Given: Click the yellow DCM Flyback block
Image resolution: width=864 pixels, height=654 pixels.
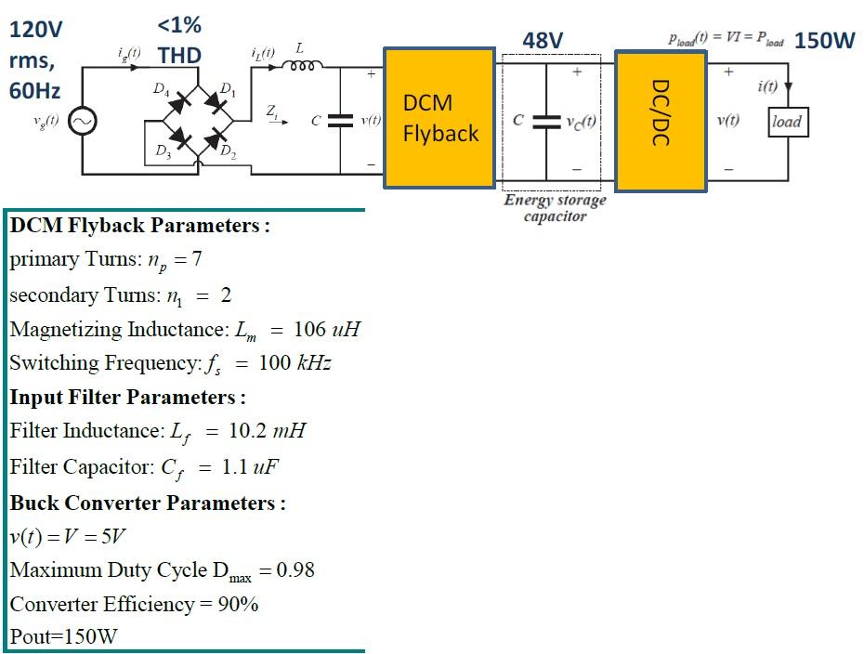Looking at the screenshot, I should click(439, 118).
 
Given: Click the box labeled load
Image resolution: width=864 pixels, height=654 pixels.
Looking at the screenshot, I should click(786, 122).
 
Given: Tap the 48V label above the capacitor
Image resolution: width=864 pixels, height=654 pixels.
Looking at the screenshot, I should click(543, 40).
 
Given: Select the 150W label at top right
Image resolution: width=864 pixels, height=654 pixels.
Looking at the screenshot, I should click(824, 40).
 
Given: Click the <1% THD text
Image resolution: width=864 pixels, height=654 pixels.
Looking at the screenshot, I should click(179, 40).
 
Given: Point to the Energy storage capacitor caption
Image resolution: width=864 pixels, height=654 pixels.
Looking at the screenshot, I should click(555, 208).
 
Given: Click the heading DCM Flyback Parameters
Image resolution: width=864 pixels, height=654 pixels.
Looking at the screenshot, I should click(139, 226).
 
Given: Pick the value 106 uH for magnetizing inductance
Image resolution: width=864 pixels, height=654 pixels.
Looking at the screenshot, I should click(326, 329).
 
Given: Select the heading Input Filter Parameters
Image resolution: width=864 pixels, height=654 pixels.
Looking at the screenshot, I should click(127, 398).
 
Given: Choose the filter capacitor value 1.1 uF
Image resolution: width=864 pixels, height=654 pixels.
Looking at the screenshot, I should click(248, 467).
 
